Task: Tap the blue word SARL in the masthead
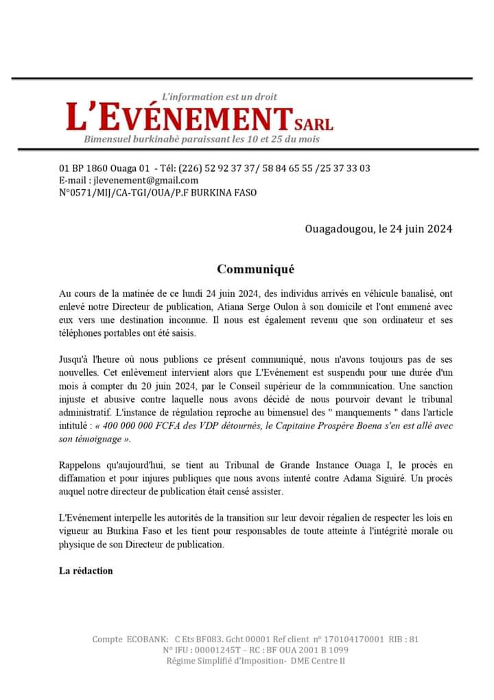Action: click(314, 124)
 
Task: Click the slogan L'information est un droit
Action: click(219, 97)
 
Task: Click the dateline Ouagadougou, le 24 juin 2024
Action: click(379, 229)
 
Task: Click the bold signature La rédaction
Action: click(86, 571)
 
